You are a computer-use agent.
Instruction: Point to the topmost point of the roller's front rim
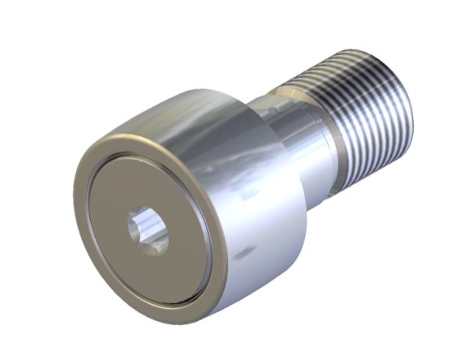(x=130, y=135)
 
